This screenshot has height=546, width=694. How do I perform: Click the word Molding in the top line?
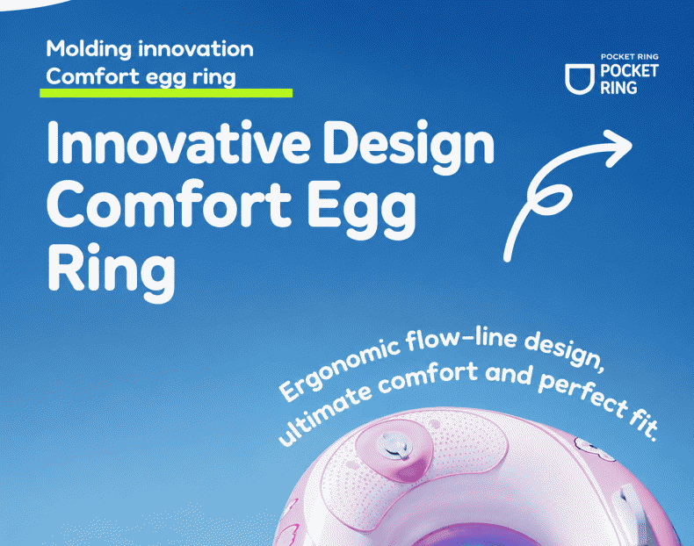coord(89,49)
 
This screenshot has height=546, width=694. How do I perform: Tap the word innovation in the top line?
coord(196,48)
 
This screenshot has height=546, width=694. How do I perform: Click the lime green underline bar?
coord(166,93)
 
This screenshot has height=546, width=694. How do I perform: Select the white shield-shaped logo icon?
coord(580,79)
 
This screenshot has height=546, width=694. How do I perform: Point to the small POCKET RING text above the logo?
coord(629,56)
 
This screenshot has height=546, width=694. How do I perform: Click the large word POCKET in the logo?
coord(629,71)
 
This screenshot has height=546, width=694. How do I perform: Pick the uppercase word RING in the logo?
coord(618,88)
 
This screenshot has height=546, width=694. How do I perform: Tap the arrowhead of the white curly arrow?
coord(618,148)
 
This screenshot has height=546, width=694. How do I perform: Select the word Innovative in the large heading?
coord(178,142)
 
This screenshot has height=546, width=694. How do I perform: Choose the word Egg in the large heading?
coord(362,208)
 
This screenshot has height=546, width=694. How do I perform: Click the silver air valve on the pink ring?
coord(394,445)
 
